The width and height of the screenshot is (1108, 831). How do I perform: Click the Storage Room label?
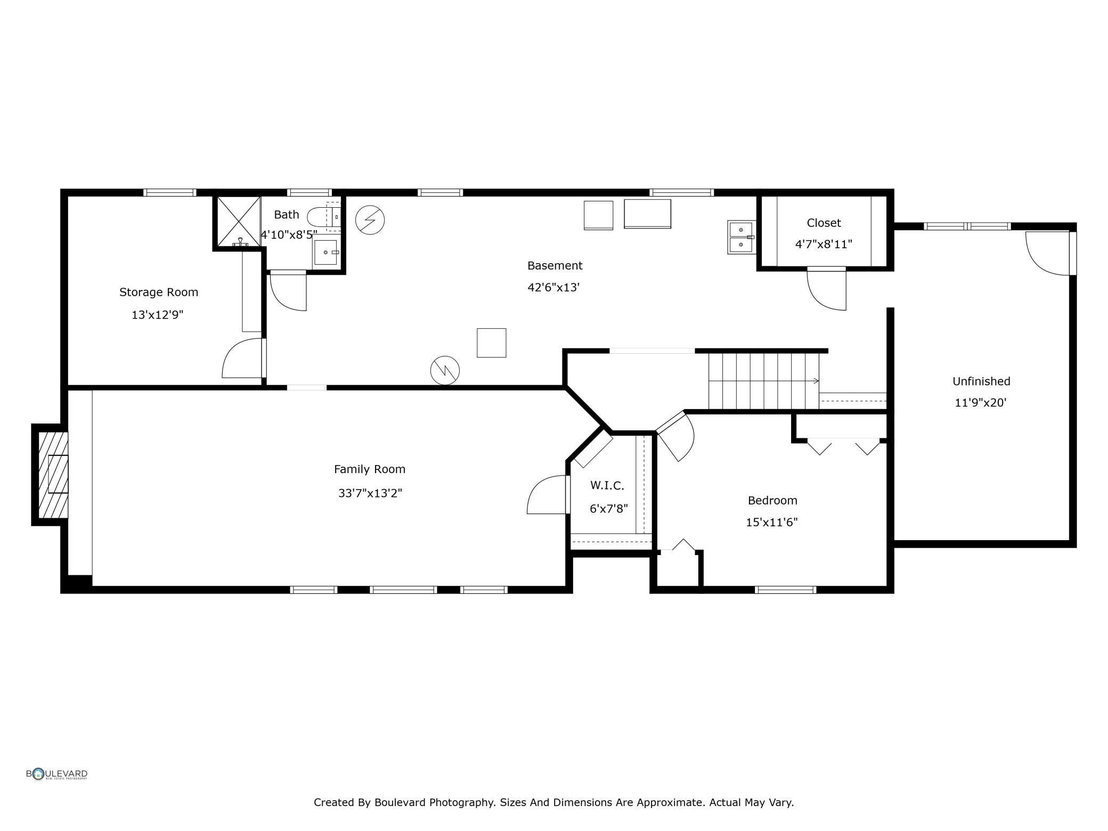(x=158, y=292)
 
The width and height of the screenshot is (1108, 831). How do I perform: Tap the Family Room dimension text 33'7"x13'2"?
(x=370, y=493)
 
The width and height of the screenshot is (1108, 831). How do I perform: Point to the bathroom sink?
(x=325, y=252)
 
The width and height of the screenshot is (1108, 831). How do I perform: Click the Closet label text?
(x=824, y=223)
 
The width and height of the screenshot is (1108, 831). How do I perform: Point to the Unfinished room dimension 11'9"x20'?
(x=980, y=403)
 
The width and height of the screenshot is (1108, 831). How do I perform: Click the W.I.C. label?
(x=607, y=485)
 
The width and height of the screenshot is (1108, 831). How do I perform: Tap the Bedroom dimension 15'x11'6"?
(x=771, y=522)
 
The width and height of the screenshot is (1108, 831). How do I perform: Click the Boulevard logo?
(x=57, y=774)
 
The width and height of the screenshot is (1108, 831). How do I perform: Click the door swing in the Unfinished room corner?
(x=1047, y=254)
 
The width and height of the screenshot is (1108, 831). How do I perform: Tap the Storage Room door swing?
(x=242, y=358)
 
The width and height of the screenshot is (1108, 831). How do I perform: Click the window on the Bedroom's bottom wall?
(x=786, y=590)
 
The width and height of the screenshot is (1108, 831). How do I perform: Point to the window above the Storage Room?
(x=170, y=192)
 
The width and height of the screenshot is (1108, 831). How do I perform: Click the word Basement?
(x=555, y=265)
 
